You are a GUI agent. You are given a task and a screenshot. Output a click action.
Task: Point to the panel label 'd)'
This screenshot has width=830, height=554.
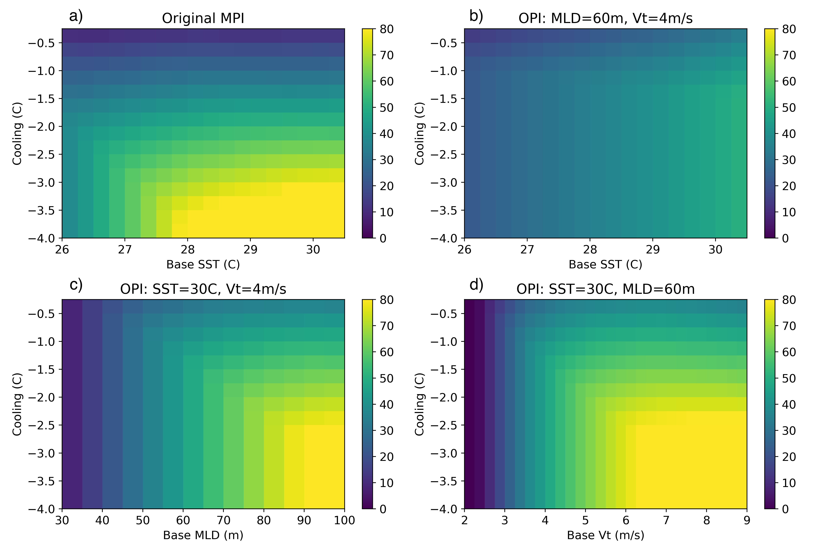pos(476,285)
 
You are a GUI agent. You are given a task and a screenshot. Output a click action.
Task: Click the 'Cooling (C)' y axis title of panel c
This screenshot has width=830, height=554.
pos(17,404)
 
